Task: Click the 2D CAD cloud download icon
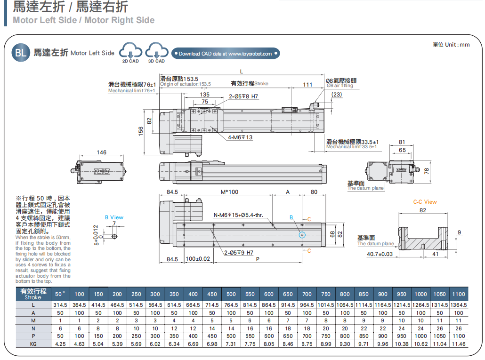coord(130,50)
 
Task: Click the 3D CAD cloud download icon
coord(156,50)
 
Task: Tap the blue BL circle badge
coord(21,52)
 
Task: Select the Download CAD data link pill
coord(225,54)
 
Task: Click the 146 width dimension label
coord(102,152)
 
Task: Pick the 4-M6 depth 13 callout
coord(240,137)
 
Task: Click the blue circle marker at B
coord(302,234)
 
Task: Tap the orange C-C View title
coord(425,202)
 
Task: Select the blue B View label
coord(114,217)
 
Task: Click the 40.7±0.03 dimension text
coord(380,254)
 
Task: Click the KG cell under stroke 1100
coord(458,344)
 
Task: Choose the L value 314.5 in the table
coord(60,305)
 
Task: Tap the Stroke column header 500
coord(231,294)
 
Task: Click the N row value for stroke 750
coord(326,328)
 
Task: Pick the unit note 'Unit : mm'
coord(451,45)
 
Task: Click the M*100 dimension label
coord(229,192)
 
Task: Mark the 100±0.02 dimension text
coord(197,259)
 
